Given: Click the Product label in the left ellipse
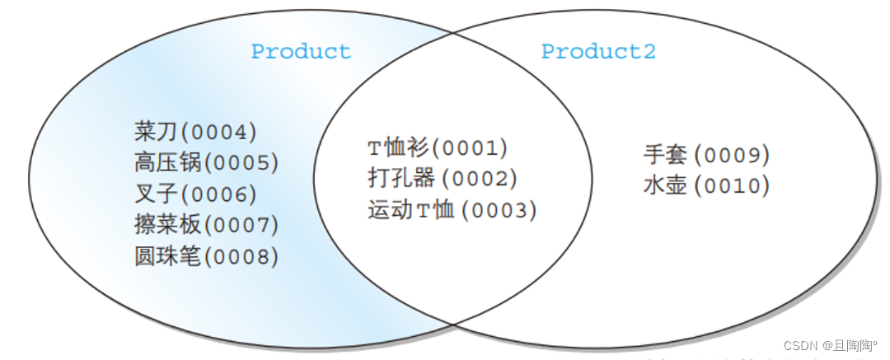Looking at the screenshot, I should pyautogui.click(x=301, y=51).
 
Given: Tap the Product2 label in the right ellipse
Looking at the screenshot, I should pyautogui.click(x=598, y=51).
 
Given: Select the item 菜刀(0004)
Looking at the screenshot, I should pyautogui.click(x=195, y=131).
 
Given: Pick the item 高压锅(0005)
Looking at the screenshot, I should pyautogui.click(x=206, y=162).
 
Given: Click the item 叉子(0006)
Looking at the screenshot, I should pyautogui.click(x=195, y=194).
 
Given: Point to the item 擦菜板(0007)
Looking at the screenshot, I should pyautogui.click(x=206, y=225).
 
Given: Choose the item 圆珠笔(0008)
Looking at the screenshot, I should pyautogui.click(x=206, y=256).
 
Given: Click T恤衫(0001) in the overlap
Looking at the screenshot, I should pyautogui.click(x=437, y=148).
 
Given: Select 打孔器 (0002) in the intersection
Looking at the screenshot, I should pyautogui.click(x=442, y=179).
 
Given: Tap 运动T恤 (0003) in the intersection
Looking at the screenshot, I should pyautogui.click(x=452, y=210).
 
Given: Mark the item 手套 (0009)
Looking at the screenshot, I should pyautogui.click(x=706, y=155).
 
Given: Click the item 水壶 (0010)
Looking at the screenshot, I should pyautogui.click(x=706, y=186).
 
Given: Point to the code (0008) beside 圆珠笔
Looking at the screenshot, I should pyautogui.click(x=241, y=257).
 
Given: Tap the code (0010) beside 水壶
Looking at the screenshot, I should pyautogui.click(x=732, y=186).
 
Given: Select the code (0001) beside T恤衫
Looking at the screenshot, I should pyautogui.click(x=470, y=148).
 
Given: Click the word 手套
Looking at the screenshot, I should pyautogui.click(x=664, y=154).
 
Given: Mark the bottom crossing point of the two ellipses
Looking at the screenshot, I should pyautogui.click(x=452, y=325).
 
